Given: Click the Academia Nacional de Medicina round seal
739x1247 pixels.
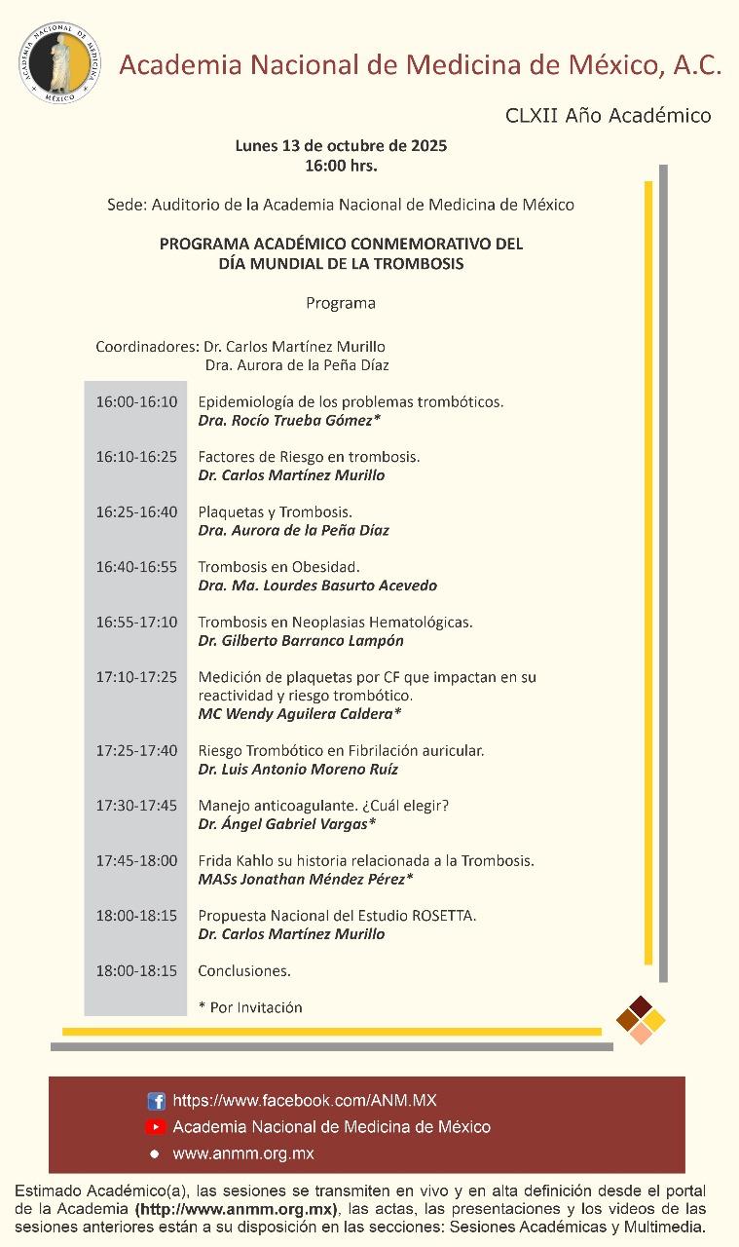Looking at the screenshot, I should [59, 60].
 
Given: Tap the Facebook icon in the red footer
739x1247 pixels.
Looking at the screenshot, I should [156, 1101].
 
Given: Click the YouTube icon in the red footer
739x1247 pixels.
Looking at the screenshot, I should [156, 1127].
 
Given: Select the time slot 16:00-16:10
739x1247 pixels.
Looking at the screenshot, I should [136, 401].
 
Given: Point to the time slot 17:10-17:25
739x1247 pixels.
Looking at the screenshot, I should [136, 676].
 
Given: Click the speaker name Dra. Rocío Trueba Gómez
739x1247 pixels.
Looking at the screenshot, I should [288, 420].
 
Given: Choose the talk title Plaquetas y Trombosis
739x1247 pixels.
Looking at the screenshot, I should [275, 511].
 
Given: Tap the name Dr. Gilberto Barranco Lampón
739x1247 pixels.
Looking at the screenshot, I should [300, 640].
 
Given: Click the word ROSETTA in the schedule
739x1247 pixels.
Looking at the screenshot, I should [444, 915].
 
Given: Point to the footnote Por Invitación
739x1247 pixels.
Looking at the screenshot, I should [255, 1007].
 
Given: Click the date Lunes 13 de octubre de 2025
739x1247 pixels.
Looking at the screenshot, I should [341, 146].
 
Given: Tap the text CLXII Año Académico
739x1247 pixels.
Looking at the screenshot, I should [608, 116].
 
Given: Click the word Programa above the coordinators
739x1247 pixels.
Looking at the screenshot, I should [341, 303].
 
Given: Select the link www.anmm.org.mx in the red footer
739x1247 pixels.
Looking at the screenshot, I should [242, 1153].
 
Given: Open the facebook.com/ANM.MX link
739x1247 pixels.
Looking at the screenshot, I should [305, 1101].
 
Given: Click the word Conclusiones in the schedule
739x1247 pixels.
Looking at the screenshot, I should [244, 970].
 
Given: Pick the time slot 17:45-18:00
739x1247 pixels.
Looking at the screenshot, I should [136, 860].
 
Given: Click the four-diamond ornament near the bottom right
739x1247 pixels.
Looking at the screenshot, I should [641, 1019].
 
